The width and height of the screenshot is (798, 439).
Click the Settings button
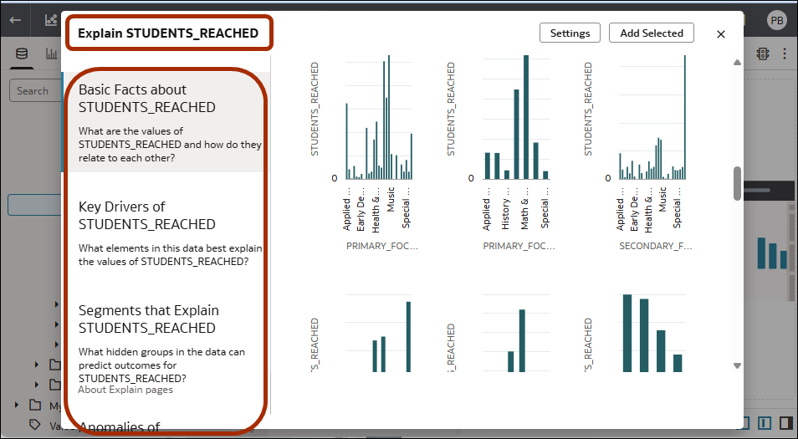tap(570, 33)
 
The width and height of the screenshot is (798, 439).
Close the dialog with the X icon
tap(721, 34)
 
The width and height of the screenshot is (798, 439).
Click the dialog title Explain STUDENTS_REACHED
tap(168, 33)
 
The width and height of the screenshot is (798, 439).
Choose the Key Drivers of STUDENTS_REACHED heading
tap(146, 215)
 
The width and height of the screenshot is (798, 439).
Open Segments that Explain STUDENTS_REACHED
tap(148, 319)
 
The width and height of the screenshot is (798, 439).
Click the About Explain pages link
tap(125, 390)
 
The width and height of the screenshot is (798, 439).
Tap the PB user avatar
tap(777, 20)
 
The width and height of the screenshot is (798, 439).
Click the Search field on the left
tap(33, 91)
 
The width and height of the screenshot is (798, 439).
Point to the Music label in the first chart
tap(391, 213)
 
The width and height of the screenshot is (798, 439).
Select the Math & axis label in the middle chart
tap(525, 213)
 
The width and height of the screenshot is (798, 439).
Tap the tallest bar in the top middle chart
tap(526, 117)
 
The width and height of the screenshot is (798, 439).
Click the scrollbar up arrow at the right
tap(737, 63)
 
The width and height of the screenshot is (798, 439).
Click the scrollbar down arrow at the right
tap(737, 365)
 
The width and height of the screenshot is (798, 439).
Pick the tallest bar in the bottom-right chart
tap(627, 333)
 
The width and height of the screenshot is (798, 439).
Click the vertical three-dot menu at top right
tap(785, 54)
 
